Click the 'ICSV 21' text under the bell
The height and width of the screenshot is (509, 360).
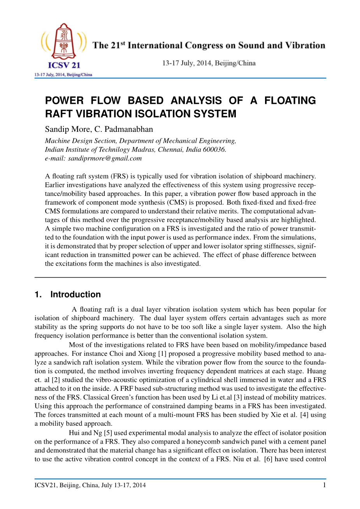(x=64, y=65)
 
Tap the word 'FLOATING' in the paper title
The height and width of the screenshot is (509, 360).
(x=290, y=101)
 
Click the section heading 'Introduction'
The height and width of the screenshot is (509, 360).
(x=76, y=294)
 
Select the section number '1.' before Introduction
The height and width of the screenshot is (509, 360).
(x=38, y=294)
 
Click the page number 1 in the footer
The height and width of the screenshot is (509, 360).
(x=324, y=485)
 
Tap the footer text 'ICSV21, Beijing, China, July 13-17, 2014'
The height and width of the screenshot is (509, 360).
(x=90, y=485)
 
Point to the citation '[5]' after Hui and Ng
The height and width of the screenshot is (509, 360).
(x=108, y=433)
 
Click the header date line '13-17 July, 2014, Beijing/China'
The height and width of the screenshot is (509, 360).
(x=209, y=63)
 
